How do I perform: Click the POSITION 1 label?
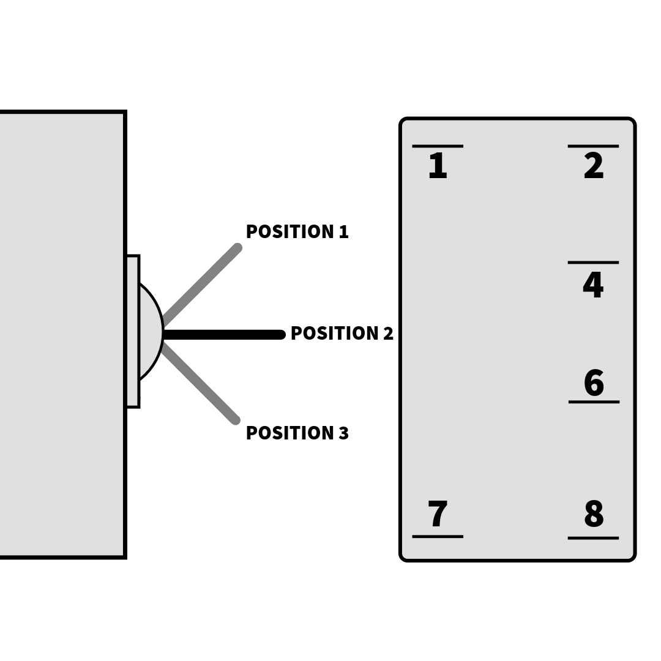point(297,231)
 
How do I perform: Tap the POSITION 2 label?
point(342,333)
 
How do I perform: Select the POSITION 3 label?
point(297,433)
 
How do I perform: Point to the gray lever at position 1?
point(201,285)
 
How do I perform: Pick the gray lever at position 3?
point(200,383)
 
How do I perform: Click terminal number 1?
point(438,166)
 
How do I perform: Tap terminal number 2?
point(594,166)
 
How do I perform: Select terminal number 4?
point(593,285)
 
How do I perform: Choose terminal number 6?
point(594,383)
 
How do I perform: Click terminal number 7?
point(438,513)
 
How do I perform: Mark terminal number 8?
point(594,513)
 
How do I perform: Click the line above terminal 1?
point(438,146)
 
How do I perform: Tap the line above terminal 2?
point(593,146)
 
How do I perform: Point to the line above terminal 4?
point(593,263)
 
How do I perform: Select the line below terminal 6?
point(594,402)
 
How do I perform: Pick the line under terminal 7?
point(438,537)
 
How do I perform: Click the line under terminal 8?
point(593,539)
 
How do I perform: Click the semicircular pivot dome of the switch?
point(152,332)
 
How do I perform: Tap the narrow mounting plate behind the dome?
point(133,331)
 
